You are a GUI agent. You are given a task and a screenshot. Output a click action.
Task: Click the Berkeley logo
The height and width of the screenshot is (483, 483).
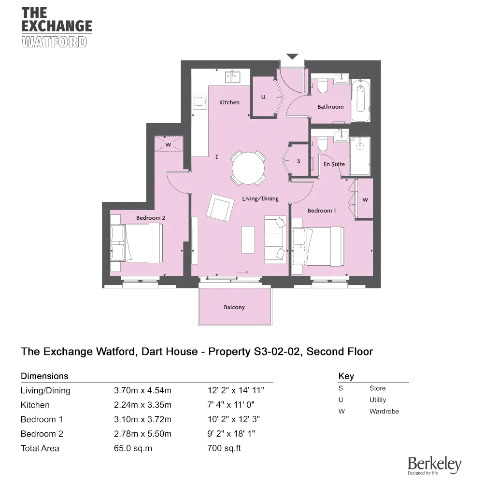434,465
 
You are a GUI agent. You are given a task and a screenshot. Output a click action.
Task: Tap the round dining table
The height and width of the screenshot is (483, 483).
248,168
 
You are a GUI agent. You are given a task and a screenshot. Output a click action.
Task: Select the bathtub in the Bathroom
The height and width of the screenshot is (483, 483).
361,101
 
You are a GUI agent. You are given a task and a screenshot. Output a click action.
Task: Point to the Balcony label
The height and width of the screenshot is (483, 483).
234,307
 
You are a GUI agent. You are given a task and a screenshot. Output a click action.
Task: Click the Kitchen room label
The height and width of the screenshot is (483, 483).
229,102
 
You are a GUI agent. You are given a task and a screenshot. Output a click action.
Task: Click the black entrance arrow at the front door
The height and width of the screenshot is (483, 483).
293,57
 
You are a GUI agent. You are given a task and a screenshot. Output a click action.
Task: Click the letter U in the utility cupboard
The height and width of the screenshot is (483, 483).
263,97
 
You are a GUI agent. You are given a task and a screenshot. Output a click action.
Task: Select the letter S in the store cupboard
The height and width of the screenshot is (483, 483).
298,161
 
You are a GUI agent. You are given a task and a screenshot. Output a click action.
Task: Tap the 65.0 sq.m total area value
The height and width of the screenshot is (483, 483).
133,448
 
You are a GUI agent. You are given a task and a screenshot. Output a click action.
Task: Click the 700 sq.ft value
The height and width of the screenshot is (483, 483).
224,448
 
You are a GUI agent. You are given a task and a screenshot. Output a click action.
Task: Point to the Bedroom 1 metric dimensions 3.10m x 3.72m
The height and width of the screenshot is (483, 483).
142,419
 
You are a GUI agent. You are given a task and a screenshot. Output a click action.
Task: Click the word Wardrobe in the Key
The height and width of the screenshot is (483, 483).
384,412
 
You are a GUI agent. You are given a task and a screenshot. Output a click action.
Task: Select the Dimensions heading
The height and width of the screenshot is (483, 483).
44,376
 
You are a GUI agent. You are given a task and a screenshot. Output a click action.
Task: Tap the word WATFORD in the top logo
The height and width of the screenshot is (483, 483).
55,42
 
